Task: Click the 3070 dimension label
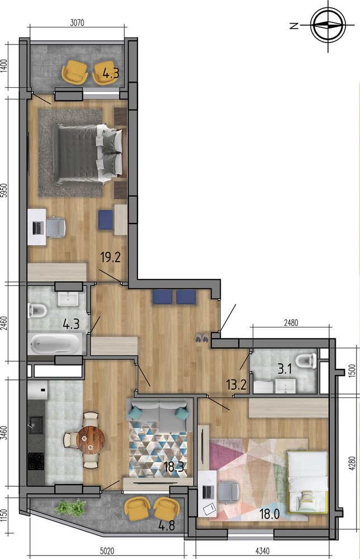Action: (x=77, y=23)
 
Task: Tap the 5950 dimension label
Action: (x=4, y=192)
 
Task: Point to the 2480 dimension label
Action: (x=291, y=323)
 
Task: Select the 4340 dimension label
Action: (x=262, y=551)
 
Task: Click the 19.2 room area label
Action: (x=111, y=257)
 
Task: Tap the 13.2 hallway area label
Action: (x=236, y=385)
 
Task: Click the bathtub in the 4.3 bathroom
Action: (x=55, y=344)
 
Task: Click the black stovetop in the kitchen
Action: (x=36, y=461)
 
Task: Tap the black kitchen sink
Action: (x=36, y=425)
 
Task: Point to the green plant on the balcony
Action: (x=71, y=508)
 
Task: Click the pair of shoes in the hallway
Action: (x=201, y=337)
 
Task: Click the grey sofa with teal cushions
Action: (x=159, y=415)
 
